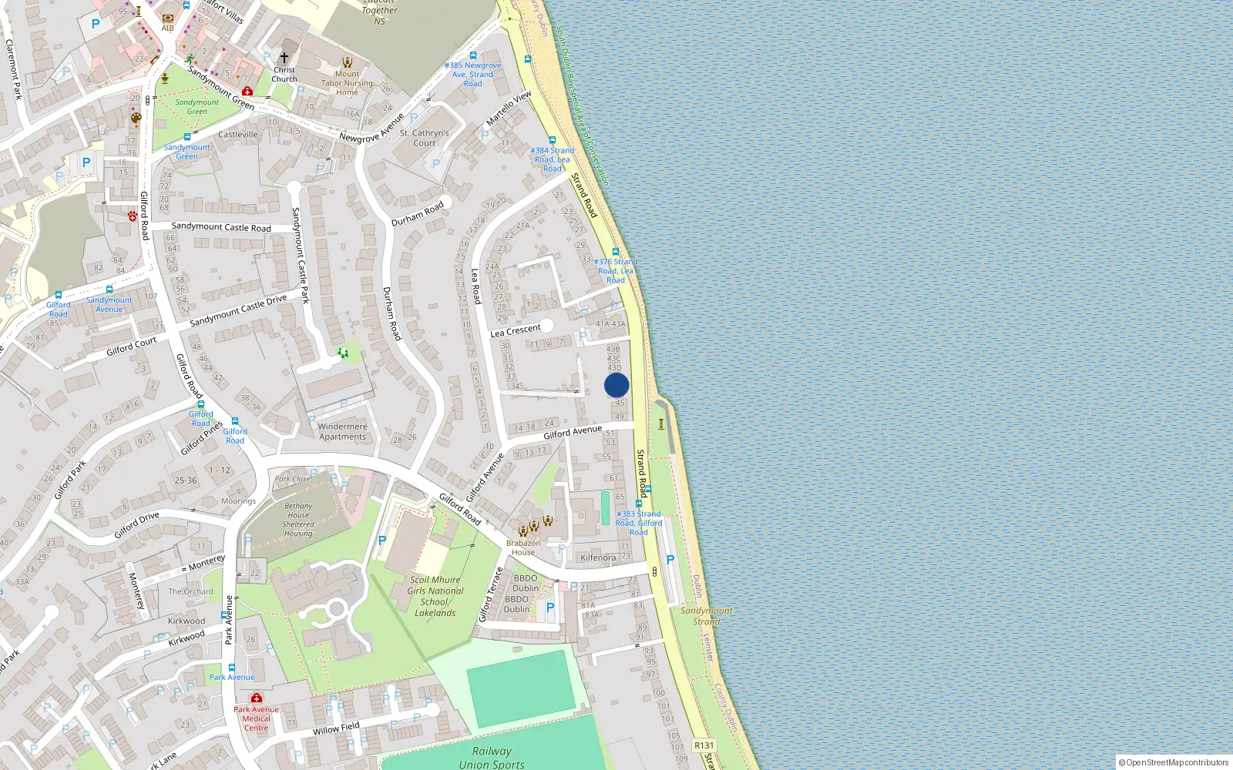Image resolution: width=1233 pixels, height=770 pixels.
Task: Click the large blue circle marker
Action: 616,385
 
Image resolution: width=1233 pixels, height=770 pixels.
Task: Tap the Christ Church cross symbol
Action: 284,58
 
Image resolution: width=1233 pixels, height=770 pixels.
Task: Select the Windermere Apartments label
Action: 343,431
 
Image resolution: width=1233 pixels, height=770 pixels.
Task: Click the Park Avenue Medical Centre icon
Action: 256,698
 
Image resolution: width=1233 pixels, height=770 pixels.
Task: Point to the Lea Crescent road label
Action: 516,330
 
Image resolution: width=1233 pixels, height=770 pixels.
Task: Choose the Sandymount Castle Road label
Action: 221,227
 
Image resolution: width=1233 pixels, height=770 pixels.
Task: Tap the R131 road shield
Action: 704,745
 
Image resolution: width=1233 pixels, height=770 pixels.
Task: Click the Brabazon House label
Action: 523,547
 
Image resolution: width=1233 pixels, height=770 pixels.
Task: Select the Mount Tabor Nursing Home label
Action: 347,83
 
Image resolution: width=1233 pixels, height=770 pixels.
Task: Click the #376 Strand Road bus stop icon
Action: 616,252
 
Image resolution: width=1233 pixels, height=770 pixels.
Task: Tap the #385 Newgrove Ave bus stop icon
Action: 472,55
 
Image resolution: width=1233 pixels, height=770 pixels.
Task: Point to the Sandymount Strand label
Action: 706,616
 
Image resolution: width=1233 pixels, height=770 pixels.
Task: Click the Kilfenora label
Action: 598,557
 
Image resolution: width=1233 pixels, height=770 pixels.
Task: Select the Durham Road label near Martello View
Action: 418,214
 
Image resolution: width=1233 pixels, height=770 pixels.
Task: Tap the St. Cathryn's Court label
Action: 424,138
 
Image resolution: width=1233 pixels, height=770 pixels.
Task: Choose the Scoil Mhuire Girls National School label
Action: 435,596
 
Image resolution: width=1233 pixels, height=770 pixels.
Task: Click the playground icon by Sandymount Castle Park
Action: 343,353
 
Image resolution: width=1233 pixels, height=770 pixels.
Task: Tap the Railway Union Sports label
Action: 492,757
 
